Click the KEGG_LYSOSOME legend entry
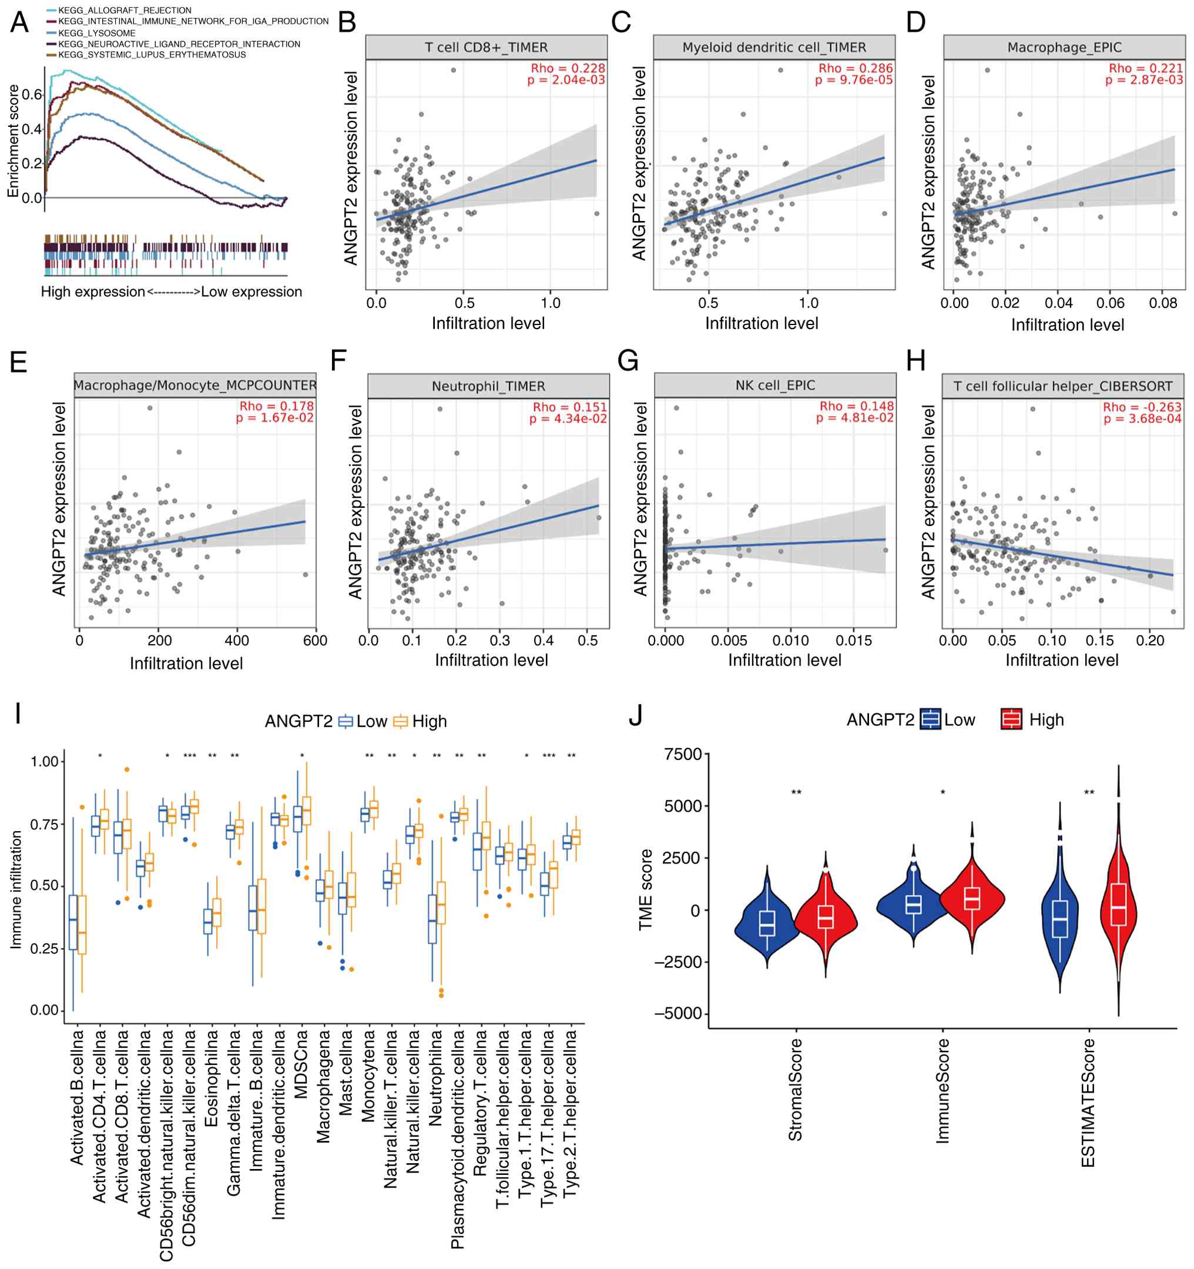pos(96,33)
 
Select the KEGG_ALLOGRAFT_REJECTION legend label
pos(125,10)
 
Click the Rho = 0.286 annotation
pos(855,68)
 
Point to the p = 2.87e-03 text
pos(1143,80)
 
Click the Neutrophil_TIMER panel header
pos(488,386)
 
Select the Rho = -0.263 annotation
pos(1142,407)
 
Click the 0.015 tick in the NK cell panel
pos(854,640)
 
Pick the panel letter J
pos(636,715)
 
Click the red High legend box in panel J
pos(1011,719)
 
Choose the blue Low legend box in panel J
pos(930,719)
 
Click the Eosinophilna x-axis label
pos(211,1079)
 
